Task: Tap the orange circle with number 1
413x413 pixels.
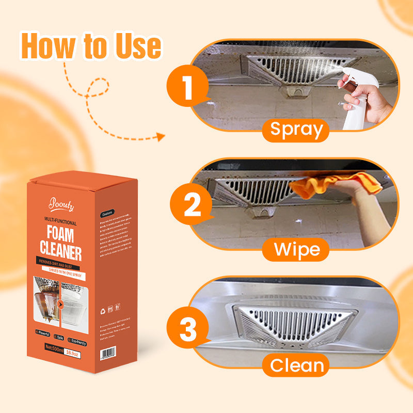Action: click(x=187, y=87)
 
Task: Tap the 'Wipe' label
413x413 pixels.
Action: click(x=296, y=249)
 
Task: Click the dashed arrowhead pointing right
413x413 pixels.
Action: click(x=161, y=137)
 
